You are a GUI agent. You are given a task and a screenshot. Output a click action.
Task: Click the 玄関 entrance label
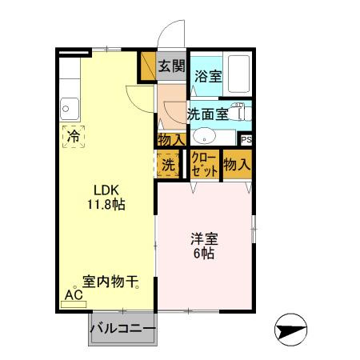click(170, 66)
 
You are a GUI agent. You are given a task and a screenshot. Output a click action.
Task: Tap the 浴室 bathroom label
click(208, 78)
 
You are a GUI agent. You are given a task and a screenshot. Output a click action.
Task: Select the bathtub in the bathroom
click(238, 74)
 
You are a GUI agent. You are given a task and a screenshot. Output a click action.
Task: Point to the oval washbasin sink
click(205, 135)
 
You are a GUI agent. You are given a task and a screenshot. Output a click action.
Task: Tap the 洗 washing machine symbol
click(167, 165)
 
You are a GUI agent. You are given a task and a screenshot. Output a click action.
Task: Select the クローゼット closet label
click(204, 166)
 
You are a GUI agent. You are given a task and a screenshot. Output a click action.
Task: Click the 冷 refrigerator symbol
click(73, 135)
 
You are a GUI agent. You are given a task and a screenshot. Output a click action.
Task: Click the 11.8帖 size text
click(106, 205)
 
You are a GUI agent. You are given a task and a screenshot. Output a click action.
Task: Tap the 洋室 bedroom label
click(204, 238)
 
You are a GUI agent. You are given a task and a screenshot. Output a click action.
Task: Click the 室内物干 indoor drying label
click(110, 282)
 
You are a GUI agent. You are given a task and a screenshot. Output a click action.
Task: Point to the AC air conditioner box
click(74, 294)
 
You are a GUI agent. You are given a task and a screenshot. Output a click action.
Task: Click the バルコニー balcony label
click(122, 329)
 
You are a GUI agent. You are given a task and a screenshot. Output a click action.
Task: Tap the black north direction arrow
click(290, 330)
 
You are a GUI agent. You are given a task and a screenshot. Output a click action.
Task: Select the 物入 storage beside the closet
click(237, 165)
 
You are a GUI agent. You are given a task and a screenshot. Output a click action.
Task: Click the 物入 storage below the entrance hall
click(170, 139)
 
